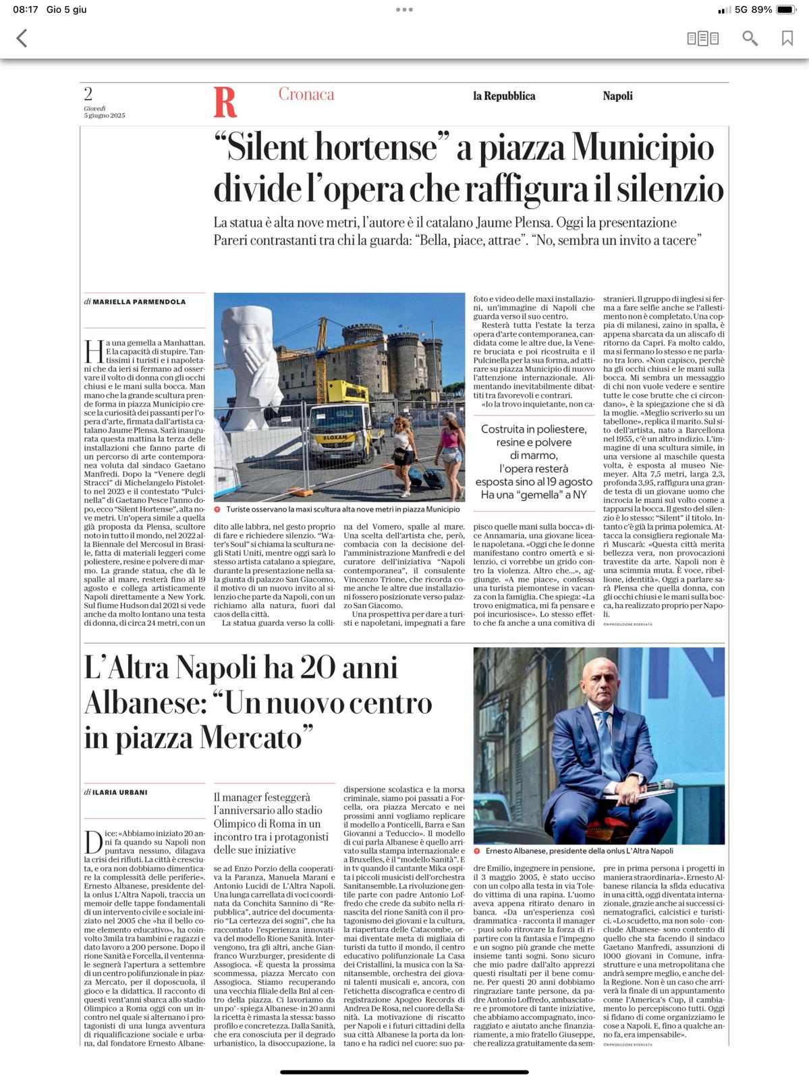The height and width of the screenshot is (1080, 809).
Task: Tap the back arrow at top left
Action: (22, 38)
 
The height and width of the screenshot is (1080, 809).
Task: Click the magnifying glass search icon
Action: (750, 38)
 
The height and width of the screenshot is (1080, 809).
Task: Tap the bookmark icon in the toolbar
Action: (787, 38)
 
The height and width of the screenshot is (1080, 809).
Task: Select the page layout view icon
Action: (702, 38)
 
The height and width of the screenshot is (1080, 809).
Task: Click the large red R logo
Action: (225, 102)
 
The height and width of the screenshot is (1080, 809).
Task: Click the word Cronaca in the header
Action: (306, 94)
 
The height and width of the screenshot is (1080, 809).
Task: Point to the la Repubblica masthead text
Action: (504, 96)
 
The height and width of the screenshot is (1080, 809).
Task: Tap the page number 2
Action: (88, 94)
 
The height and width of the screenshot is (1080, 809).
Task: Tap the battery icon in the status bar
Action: (786, 9)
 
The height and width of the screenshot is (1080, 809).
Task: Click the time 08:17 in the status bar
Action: (26, 9)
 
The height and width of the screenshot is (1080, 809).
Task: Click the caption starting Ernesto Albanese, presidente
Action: (579, 851)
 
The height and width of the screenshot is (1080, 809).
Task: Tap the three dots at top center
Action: (404, 9)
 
